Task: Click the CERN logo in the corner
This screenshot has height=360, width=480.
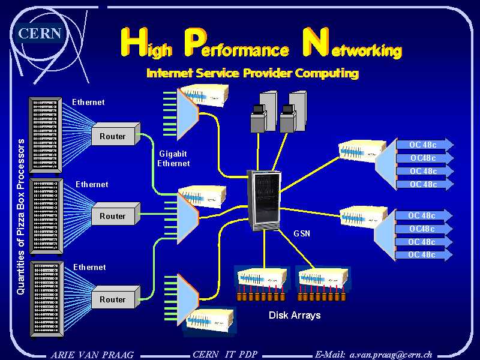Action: click(40, 34)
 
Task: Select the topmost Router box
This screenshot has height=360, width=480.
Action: click(115, 136)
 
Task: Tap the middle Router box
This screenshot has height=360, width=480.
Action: click(115, 216)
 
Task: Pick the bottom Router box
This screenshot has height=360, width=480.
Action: click(115, 299)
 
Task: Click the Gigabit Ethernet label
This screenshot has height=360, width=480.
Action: click(173, 158)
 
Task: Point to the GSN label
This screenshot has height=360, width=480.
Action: click(302, 233)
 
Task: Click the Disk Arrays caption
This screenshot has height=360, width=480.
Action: click(295, 315)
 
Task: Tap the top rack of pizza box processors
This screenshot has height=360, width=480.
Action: click(46, 135)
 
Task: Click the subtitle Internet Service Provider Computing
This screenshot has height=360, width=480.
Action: click(253, 73)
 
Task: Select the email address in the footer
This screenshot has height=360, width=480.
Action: click(374, 354)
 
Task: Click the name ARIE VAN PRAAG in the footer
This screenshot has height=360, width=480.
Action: click(92, 354)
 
